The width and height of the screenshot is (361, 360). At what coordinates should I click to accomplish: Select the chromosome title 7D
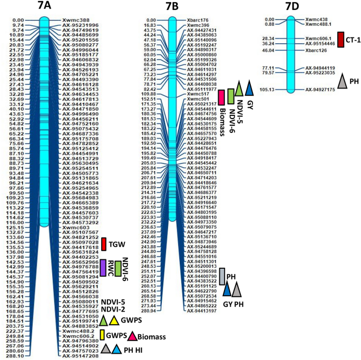[289, 7]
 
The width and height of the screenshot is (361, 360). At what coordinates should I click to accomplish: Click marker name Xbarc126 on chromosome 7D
[317, 51]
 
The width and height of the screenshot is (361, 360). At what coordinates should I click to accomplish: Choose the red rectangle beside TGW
[103, 244]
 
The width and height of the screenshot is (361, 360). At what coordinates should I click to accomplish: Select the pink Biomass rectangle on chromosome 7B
[222, 98]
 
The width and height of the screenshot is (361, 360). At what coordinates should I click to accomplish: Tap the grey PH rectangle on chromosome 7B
[223, 276]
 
